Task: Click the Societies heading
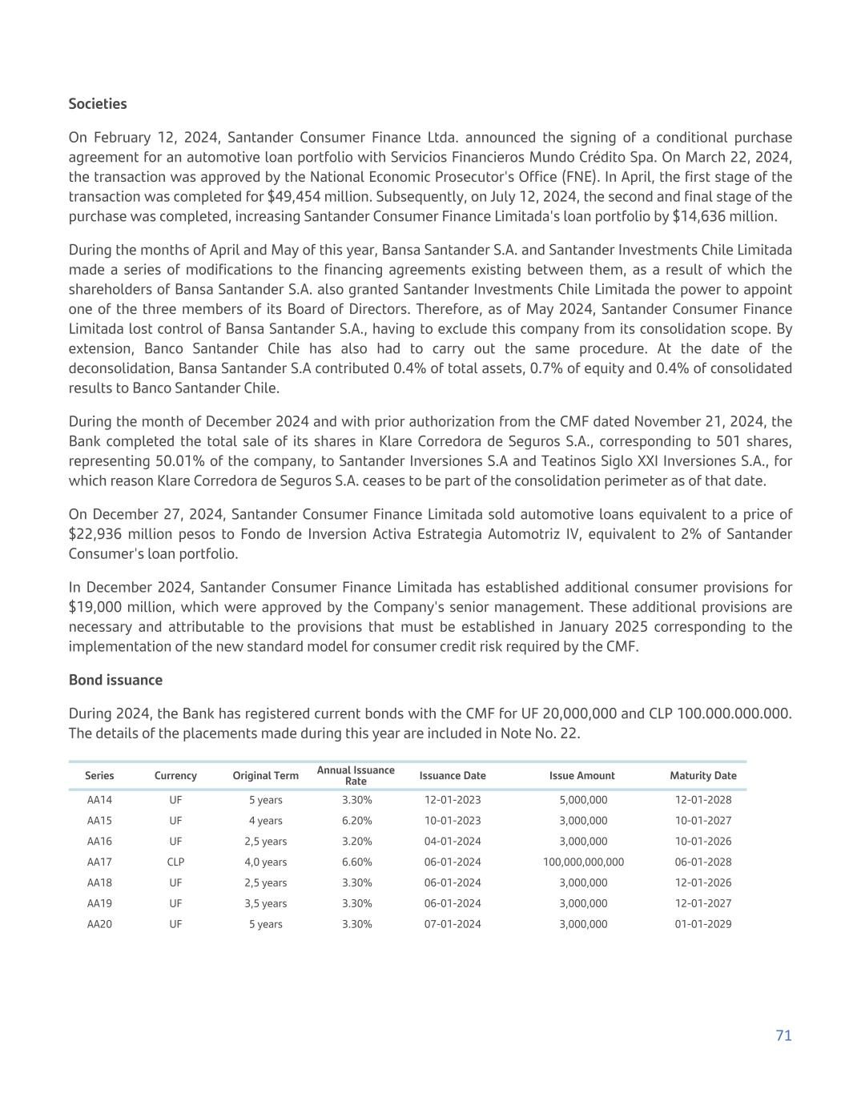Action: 98,104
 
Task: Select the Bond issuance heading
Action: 115,680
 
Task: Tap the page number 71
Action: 783,1035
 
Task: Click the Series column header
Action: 99,775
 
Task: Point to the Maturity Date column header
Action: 702,775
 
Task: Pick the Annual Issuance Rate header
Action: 356,775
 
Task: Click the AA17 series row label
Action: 99,862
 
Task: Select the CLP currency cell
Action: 175,862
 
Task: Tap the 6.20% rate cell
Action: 356,821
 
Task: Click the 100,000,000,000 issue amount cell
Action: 583,862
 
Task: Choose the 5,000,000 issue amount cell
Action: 583,800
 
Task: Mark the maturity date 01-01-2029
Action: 702,924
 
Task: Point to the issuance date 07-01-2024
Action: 453,924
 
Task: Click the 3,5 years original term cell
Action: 265,903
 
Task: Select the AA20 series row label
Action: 99,924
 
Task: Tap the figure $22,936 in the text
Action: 94,534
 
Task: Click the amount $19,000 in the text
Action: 94,607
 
